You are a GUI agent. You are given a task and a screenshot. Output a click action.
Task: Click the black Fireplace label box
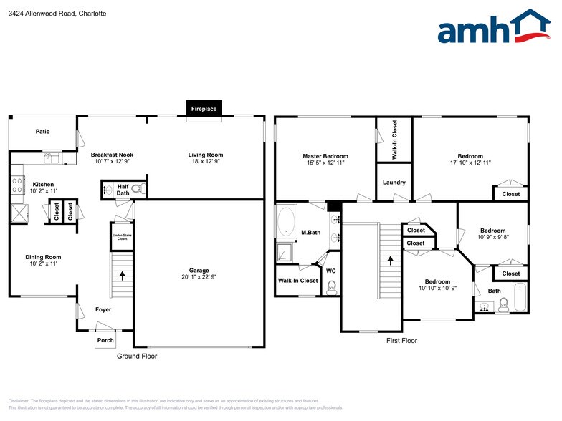click(203, 109)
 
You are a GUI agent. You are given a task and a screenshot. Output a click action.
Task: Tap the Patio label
click(42, 132)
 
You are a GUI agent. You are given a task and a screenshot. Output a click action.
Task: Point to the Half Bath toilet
click(140, 189)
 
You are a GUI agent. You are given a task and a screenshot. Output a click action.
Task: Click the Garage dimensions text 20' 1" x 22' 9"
click(194, 277)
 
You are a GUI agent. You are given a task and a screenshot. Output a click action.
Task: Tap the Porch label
click(105, 340)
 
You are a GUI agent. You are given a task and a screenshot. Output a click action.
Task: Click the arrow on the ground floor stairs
click(123, 274)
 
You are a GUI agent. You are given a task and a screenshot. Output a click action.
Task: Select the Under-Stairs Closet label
click(121, 238)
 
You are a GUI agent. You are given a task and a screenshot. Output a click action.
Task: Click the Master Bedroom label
click(325, 156)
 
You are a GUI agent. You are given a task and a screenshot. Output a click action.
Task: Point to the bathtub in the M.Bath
click(285, 222)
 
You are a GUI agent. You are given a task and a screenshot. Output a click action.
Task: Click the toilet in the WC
click(331, 287)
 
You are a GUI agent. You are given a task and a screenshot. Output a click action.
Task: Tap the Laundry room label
click(394, 183)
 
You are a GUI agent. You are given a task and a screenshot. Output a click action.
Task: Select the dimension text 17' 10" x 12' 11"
click(470, 163)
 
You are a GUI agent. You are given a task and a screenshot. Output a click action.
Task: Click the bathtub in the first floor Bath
click(520, 297)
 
